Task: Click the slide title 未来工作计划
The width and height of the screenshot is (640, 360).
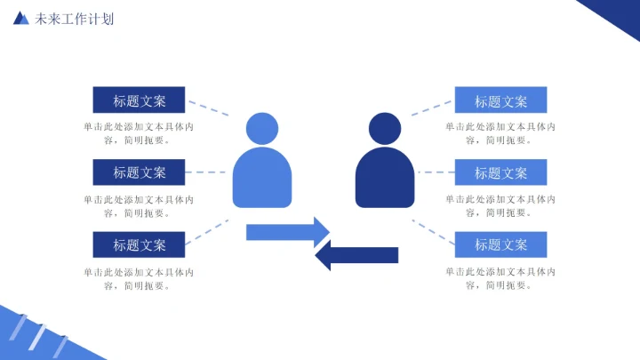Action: [x=74, y=19]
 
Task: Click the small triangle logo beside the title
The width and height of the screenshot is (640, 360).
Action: [x=21, y=18]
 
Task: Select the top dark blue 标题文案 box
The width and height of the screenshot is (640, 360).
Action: [x=139, y=100]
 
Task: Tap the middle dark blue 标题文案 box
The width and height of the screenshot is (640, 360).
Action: [x=139, y=172]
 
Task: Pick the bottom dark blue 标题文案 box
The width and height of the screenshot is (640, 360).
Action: [x=139, y=244]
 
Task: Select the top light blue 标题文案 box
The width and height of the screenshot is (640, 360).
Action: [x=500, y=100]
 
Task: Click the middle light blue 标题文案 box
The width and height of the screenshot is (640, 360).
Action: [x=500, y=172]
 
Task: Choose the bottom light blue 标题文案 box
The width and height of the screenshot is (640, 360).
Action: [x=500, y=244]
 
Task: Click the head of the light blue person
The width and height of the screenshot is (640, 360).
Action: [x=261, y=129]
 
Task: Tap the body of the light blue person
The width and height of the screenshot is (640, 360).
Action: [x=262, y=178]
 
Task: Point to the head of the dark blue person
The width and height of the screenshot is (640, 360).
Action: [x=384, y=129]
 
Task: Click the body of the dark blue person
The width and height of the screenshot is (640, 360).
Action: [x=385, y=178]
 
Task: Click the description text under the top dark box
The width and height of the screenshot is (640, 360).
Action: [x=139, y=133]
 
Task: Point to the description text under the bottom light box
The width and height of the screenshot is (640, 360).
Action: [x=500, y=278]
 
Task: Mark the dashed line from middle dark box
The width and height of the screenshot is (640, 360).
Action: [x=209, y=172]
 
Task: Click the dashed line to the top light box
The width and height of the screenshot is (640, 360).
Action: [x=431, y=108]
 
